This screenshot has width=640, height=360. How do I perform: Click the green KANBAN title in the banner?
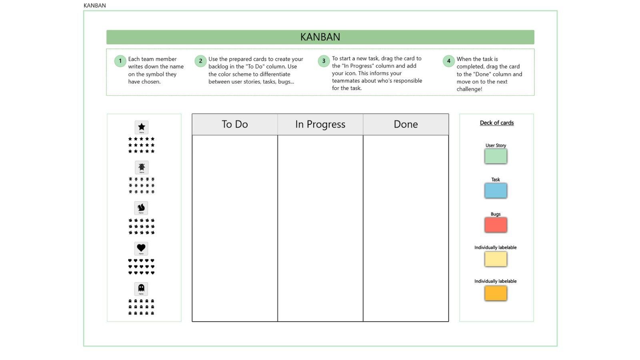pos(320,37)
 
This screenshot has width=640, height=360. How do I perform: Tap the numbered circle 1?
pos(120,61)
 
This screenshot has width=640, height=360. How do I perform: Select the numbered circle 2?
pos(200,61)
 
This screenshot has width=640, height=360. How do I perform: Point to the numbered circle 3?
pos(324,61)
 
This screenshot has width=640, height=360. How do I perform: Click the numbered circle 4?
pos(448,61)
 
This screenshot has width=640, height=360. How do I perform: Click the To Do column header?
pos(235,124)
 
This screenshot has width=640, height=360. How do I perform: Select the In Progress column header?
pos(320,124)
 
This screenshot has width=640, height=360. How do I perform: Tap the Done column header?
pos(406,124)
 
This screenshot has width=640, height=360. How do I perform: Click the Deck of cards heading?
pos(496,123)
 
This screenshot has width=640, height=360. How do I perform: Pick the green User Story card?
pos(496,156)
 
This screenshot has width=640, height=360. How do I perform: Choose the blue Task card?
pos(496,190)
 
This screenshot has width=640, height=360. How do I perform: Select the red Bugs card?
pos(496,225)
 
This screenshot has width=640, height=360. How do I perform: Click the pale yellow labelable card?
pos(496,259)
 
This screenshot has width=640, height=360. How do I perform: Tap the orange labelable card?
pos(496,293)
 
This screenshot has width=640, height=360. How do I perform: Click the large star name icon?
pos(141,128)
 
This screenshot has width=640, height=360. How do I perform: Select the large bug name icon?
pos(141,168)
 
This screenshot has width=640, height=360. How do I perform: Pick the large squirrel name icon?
pos(141,208)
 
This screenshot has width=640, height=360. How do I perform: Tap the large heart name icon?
pos(141,248)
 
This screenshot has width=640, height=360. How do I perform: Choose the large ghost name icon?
pos(141,289)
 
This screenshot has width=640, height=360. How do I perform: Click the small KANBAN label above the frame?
pos(95,6)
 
